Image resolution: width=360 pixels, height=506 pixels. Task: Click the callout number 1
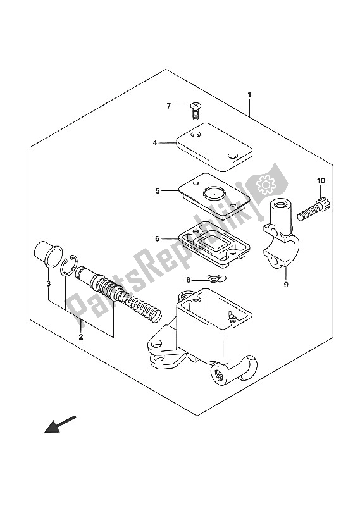click(249, 94)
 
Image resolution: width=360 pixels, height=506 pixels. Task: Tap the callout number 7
click(168, 106)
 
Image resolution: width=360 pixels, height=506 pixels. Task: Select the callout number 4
click(155, 143)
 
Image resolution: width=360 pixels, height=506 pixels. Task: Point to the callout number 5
click(158, 191)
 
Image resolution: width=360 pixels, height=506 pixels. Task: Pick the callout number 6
click(158, 239)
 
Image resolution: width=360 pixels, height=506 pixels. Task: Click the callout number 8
click(189, 280)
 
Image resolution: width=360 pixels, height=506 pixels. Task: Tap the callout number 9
click(286, 284)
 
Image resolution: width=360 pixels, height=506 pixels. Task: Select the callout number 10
click(321, 181)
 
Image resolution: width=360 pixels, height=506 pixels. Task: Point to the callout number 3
click(49, 284)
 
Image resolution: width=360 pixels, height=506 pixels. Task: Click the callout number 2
click(81, 337)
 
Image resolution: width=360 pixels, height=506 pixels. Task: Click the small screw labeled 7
click(195, 111)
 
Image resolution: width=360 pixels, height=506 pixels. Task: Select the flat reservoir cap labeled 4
click(214, 147)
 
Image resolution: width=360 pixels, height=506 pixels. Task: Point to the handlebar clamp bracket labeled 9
click(281, 233)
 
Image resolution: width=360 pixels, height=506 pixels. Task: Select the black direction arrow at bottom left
click(60, 424)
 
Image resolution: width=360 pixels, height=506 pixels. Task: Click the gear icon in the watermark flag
click(265, 185)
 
